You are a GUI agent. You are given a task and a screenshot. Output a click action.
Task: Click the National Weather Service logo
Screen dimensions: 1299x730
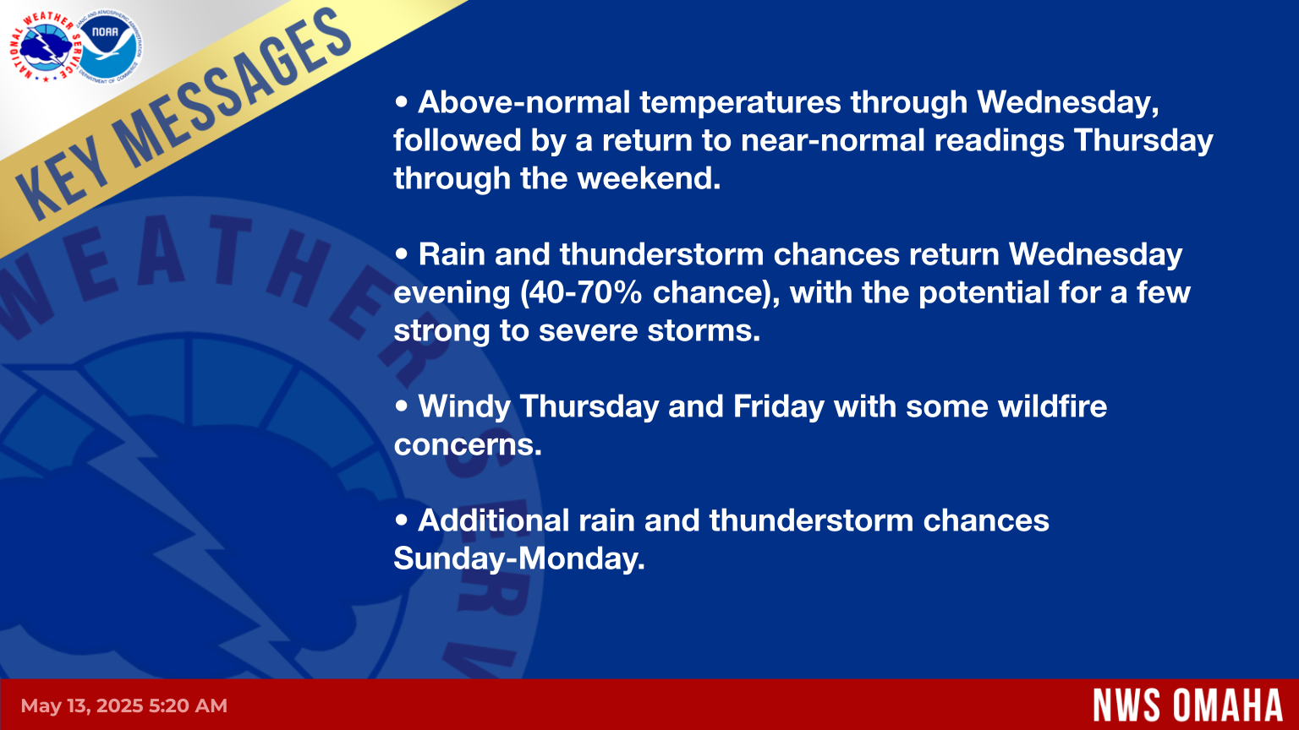click(x=45, y=47)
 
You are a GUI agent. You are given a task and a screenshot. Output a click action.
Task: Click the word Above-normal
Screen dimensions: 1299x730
click(x=523, y=102)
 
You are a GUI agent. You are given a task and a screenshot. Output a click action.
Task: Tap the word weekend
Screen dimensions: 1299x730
click(x=649, y=178)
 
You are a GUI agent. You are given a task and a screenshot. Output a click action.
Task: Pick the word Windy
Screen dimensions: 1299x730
click(x=464, y=406)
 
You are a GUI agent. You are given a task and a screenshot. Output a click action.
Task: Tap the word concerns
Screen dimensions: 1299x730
click(x=468, y=445)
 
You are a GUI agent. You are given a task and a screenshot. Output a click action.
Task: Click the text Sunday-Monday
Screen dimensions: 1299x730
click(x=519, y=558)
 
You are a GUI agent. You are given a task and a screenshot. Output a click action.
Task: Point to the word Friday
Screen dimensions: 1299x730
click(x=779, y=406)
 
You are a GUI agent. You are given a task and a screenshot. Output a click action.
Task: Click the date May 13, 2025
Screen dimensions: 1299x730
click(x=82, y=706)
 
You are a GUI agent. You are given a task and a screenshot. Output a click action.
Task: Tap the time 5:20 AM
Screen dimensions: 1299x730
click(x=188, y=705)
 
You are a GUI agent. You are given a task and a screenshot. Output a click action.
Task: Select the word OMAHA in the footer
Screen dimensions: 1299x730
click(x=1229, y=705)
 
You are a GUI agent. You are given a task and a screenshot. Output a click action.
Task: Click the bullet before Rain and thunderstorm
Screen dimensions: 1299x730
click(x=402, y=253)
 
